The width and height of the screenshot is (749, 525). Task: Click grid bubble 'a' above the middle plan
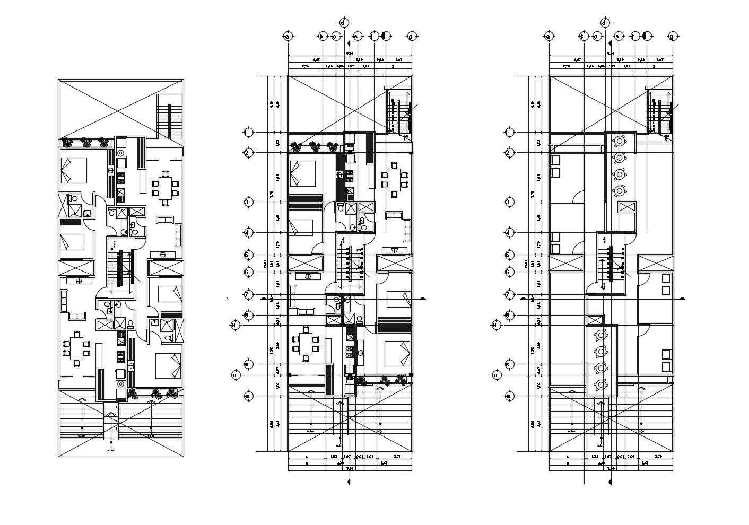[288, 37]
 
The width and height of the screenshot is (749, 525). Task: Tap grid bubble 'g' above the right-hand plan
[672, 37]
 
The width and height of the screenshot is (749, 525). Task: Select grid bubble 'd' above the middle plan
[343, 23]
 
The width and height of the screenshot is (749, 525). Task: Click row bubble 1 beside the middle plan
[247, 132]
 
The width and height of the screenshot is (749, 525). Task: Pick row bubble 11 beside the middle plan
[234, 375]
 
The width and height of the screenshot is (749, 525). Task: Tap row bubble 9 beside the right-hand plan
[495, 325]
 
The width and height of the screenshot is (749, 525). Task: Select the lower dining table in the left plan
[77, 348]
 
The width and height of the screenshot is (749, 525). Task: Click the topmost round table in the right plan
[619, 142]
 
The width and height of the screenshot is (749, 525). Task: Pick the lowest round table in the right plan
[600, 384]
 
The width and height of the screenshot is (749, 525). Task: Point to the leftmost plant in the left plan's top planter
[67, 142]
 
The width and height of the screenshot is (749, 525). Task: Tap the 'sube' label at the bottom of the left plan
[111, 450]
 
